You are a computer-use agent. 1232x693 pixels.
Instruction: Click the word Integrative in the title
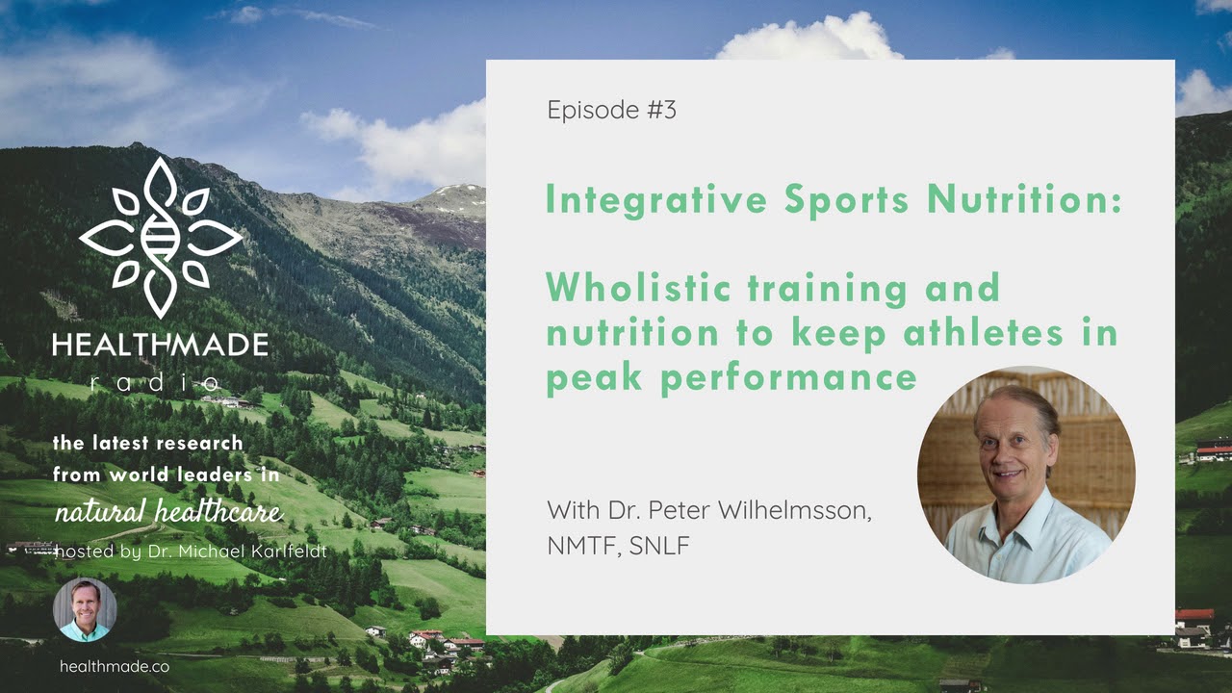pos(654,199)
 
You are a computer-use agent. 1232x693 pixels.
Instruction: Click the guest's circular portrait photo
pos(1026,475)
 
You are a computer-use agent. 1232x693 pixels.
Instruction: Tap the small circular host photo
pos(85,610)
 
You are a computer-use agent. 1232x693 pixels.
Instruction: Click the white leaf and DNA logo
pos(160,237)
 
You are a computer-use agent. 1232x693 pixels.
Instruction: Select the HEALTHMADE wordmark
pos(160,344)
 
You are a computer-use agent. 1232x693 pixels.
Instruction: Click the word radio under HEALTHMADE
pos(160,383)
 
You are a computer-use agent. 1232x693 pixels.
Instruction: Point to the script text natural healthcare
pos(168,511)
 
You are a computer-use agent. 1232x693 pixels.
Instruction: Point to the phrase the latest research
pos(147,444)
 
